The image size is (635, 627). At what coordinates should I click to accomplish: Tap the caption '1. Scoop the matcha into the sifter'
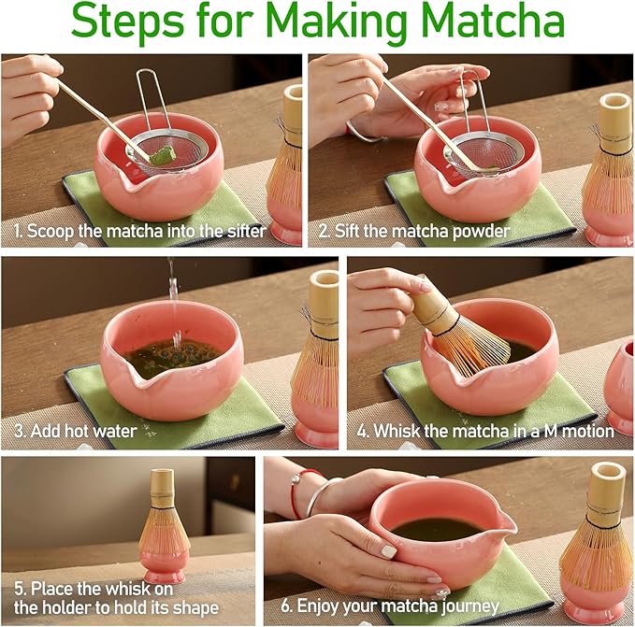(x=140, y=231)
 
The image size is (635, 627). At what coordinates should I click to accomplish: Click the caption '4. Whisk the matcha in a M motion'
(x=485, y=431)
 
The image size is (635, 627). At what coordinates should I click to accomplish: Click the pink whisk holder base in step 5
(x=166, y=572)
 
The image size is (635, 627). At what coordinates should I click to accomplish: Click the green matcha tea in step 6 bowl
(x=434, y=529)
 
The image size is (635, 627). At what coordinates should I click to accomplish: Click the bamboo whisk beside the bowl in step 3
(x=316, y=355)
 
